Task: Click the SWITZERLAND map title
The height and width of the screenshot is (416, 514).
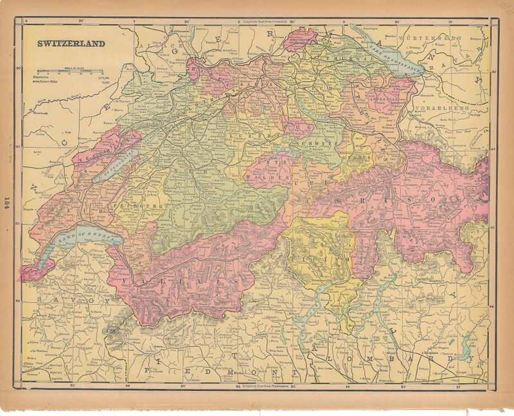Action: point(70,45)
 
